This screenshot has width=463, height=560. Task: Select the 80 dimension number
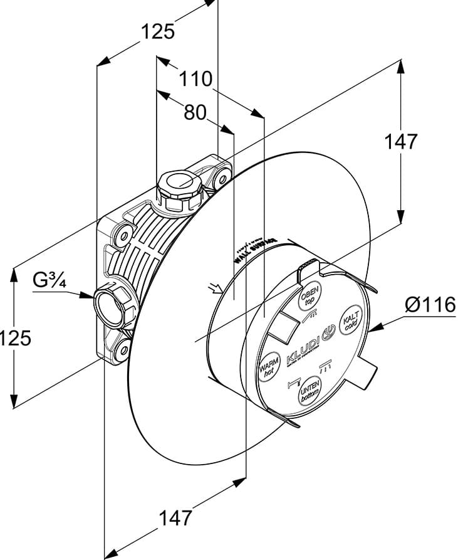[195, 112]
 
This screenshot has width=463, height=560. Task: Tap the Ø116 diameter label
[429, 305]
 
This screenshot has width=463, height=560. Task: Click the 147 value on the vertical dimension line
[400, 142]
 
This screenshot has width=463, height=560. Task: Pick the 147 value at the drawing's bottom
[174, 518]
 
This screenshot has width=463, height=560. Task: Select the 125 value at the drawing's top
[157, 31]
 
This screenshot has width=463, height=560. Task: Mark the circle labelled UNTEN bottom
[310, 392]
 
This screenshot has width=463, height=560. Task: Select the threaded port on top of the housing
[180, 186]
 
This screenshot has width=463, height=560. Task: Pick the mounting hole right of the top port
[221, 179]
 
